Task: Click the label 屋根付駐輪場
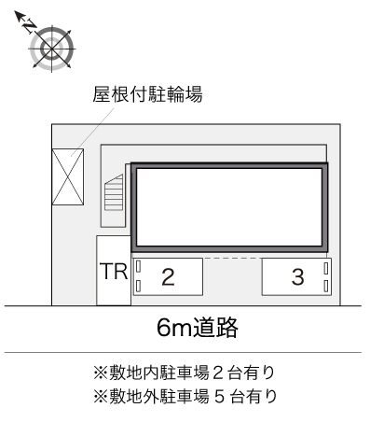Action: (x=148, y=94)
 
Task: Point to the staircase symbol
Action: (x=115, y=195)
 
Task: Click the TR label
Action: (x=113, y=274)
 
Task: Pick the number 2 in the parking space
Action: (x=168, y=276)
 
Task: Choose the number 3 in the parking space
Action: (x=297, y=276)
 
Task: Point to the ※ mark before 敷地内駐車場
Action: (x=99, y=373)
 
